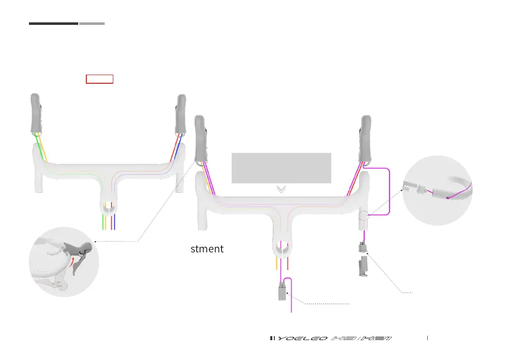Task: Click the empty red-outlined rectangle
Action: point(100,79)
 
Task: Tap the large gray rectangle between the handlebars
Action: point(281,168)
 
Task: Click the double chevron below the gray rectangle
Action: point(281,189)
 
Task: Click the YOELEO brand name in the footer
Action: point(301,338)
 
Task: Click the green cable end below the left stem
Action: point(104,223)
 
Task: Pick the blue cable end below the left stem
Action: point(115,223)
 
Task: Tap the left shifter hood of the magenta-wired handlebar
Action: point(201,137)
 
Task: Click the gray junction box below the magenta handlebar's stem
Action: point(282,291)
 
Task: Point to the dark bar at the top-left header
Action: point(53,23)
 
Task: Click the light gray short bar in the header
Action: point(92,23)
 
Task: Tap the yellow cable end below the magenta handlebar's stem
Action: point(276,264)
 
